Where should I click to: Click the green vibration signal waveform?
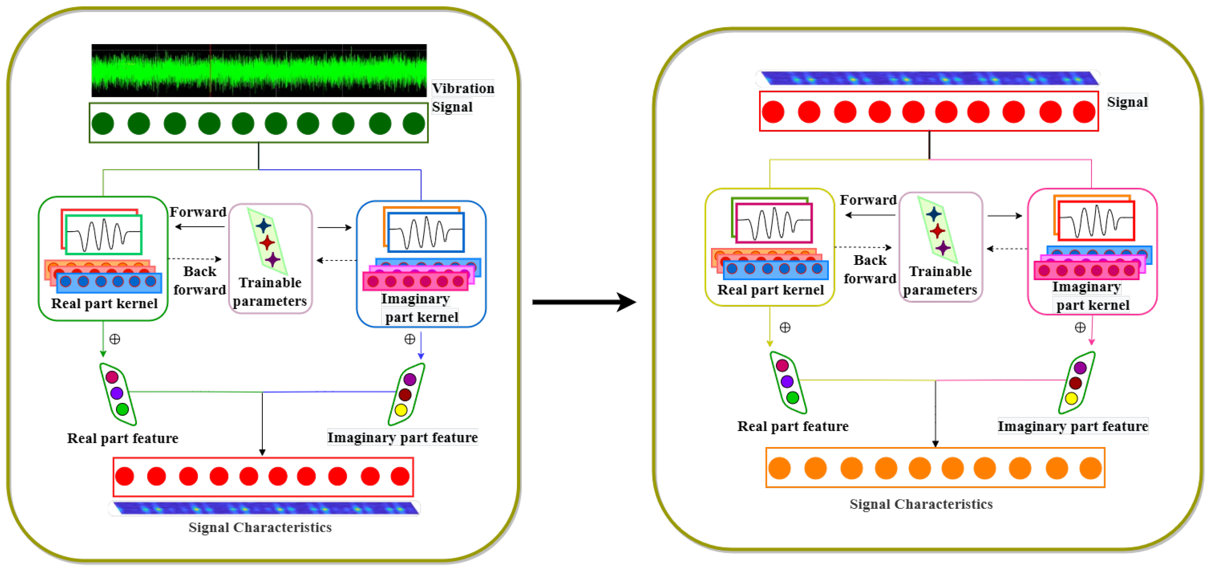tap(259, 71)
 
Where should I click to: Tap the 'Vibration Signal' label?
tap(463, 97)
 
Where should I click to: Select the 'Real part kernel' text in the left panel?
tap(104, 303)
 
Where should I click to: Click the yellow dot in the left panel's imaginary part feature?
tap(401, 410)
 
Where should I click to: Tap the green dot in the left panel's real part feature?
tap(122, 409)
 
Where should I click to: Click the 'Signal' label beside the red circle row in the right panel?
tap(1127, 102)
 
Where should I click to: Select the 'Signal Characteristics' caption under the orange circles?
tap(921, 504)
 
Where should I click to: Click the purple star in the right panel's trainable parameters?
tap(943, 248)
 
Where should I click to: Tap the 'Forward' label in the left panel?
tap(198, 212)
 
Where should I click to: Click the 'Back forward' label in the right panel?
tap(870, 269)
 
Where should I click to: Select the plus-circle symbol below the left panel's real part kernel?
tap(115, 339)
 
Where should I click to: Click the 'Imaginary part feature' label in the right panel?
tap(1073, 426)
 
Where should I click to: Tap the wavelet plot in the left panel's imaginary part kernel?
tap(425, 232)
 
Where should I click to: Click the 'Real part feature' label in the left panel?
tap(123, 438)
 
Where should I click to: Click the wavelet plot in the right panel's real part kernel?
tap(774, 223)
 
